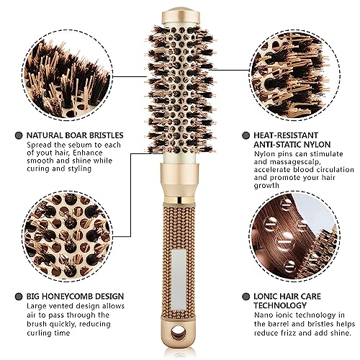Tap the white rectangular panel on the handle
tap(179, 279)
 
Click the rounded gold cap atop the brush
tap(181, 16)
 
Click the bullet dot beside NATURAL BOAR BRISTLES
tap(19, 135)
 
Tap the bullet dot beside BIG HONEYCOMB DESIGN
tap(19, 297)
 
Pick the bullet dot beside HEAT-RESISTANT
tap(246, 135)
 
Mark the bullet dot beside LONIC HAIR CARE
tap(246, 297)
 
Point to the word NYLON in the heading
tap(318, 145)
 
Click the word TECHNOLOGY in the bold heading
tap(280, 305)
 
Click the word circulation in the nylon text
tap(333, 169)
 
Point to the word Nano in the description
tap(263, 315)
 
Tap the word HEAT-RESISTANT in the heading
tap(286, 135)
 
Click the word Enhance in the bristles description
tap(88, 153)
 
